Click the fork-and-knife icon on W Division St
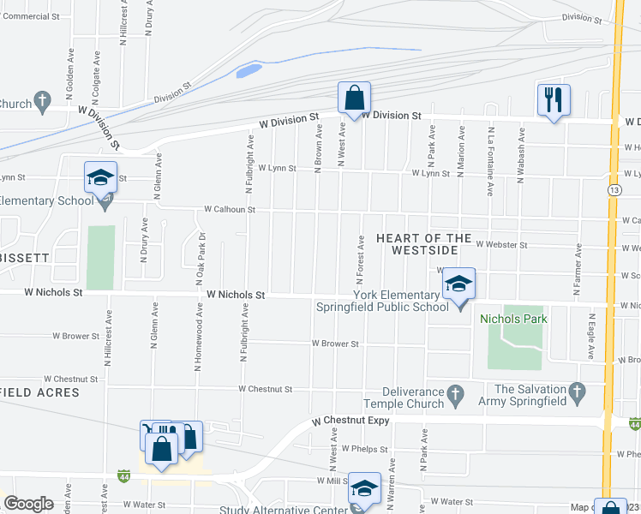click(553, 99)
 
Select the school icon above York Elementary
click(458, 284)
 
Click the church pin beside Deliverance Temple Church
click(456, 394)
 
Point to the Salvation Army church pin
click(576, 394)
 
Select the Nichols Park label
click(513, 319)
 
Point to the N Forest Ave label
click(361, 260)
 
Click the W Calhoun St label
click(229, 209)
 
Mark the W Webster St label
click(500, 245)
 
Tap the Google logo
click(28, 504)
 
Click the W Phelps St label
click(365, 448)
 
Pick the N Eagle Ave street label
click(590, 340)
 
